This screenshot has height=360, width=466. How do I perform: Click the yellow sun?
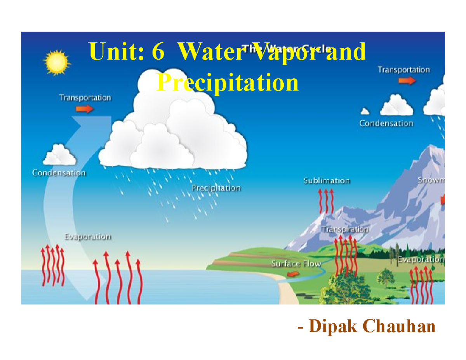[x=57, y=62]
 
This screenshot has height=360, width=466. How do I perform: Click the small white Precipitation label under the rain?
[x=217, y=188]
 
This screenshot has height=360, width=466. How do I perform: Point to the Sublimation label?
[x=327, y=181]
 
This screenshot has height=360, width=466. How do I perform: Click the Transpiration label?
[x=345, y=229]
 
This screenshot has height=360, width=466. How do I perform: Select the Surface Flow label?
[x=296, y=264]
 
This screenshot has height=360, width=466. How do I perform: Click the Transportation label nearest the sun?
[x=85, y=98]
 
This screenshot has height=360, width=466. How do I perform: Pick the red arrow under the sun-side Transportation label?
[x=85, y=109]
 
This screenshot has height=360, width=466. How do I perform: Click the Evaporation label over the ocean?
[x=88, y=237]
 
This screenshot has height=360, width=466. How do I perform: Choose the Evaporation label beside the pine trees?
[x=421, y=260]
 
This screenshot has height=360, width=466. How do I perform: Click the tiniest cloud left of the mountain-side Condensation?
[x=365, y=112]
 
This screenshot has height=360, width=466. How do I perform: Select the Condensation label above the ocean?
[x=59, y=173]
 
